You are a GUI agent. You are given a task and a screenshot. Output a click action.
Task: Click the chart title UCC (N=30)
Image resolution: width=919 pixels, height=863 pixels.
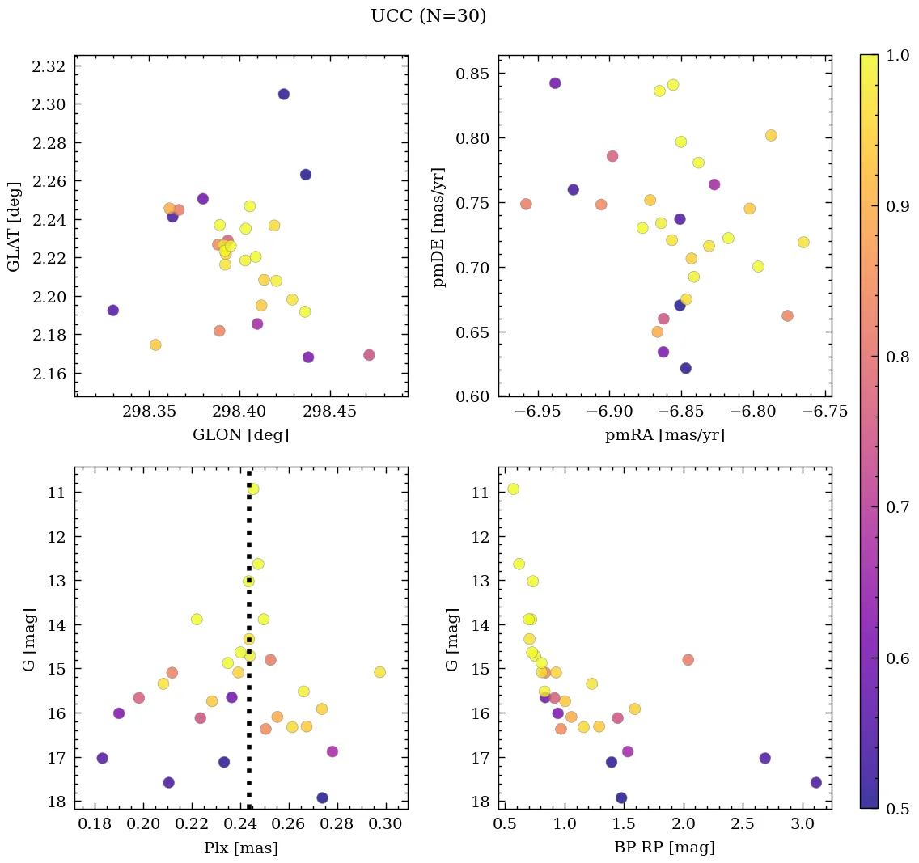click(x=428, y=16)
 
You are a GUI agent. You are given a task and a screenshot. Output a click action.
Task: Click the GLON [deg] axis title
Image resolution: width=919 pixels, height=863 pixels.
click(x=240, y=434)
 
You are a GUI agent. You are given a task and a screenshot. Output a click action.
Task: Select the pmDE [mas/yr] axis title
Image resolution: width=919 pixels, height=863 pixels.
click(x=439, y=226)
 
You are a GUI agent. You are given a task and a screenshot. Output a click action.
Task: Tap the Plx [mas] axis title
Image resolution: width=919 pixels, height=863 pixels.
click(x=240, y=848)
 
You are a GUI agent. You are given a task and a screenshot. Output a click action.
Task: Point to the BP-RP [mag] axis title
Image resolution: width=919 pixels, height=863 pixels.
click(x=664, y=848)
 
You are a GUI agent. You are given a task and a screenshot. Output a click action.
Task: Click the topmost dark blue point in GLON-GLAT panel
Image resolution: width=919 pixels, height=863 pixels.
click(x=283, y=94)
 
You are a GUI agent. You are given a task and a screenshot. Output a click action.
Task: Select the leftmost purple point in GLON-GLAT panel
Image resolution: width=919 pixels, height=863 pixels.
click(x=113, y=310)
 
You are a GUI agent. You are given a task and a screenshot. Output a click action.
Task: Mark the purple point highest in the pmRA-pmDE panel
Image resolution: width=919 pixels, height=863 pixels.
click(x=555, y=82)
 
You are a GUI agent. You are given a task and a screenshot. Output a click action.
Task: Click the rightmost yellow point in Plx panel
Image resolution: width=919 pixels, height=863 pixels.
click(x=379, y=672)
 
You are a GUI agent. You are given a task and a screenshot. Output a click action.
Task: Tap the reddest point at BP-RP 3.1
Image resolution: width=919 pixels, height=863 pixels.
click(x=815, y=782)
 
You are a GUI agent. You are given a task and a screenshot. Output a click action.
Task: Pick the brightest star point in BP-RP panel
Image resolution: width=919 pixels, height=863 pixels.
click(x=513, y=489)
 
